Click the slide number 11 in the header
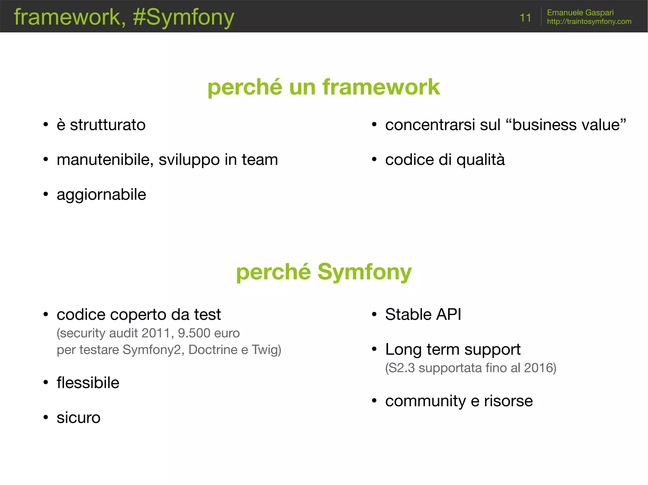coord(525,18)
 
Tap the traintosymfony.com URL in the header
coord(589,21)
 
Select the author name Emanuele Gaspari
coord(580,12)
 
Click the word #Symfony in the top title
coord(184,17)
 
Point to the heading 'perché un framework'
coord(324,87)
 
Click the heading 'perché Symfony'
coord(324,272)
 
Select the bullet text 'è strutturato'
coord(101,125)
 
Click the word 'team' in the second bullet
coord(259,160)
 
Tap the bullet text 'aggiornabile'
coord(101,195)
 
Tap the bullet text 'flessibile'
coord(88,383)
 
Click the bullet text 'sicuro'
coord(78,418)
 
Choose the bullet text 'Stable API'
coord(423,314)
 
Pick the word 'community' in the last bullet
coord(425,401)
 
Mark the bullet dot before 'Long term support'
coord(374,349)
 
